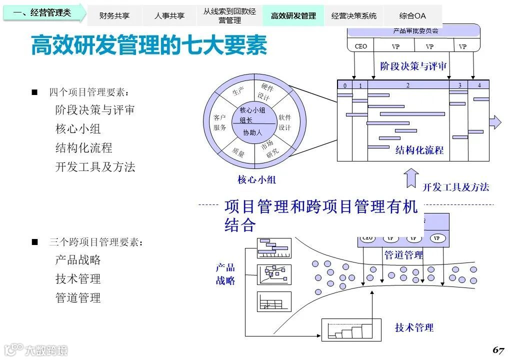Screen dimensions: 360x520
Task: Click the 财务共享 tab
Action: click(x=114, y=15)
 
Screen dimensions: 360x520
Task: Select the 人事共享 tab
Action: click(x=169, y=15)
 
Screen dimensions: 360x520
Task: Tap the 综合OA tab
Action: click(x=412, y=15)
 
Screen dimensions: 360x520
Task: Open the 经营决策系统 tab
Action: click(x=354, y=15)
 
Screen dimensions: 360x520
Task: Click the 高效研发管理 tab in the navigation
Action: click(x=293, y=15)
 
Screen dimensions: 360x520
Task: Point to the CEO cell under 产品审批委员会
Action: click(x=361, y=46)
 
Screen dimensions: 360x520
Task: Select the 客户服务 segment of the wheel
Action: click(x=220, y=122)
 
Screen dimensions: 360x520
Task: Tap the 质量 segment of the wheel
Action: click(x=238, y=153)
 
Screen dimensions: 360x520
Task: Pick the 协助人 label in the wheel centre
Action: click(x=252, y=132)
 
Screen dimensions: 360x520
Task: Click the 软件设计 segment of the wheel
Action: click(x=284, y=122)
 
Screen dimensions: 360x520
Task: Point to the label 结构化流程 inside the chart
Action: click(x=419, y=150)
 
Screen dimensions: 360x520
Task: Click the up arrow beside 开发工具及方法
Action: click(x=411, y=178)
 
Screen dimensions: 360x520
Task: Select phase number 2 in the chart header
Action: click(x=407, y=85)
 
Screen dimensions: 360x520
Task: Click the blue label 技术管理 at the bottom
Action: click(x=414, y=327)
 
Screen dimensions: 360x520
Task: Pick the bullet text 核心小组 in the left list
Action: click(x=78, y=129)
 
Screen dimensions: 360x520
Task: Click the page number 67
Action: click(x=498, y=349)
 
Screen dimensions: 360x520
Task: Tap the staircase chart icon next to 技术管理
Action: click(x=350, y=330)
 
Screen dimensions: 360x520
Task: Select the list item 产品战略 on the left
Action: click(x=78, y=260)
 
